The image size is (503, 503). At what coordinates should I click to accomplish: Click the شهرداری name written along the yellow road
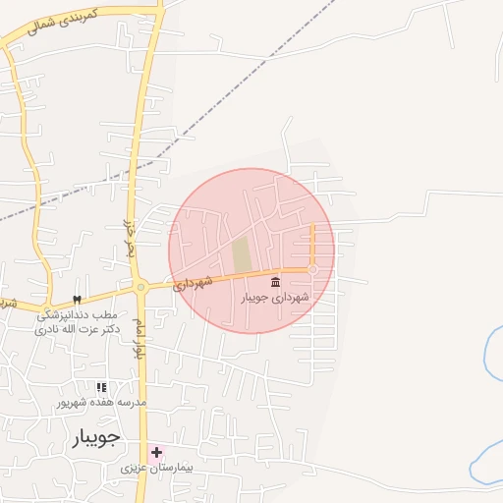point(193,284)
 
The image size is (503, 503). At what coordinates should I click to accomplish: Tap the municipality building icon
point(274,283)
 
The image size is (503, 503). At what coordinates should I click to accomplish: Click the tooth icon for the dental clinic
point(77,300)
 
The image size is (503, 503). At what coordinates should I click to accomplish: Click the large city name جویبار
point(96,437)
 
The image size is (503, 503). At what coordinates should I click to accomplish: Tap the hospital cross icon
point(156,452)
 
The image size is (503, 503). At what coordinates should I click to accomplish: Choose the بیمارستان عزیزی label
point(157,469)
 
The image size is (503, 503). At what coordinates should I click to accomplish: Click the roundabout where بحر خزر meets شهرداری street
point(141,287)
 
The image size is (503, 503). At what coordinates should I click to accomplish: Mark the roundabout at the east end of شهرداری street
point(312,268)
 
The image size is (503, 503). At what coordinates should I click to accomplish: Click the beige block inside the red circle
point(242,255)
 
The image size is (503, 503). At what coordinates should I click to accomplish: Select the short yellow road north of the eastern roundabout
point(312,244)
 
